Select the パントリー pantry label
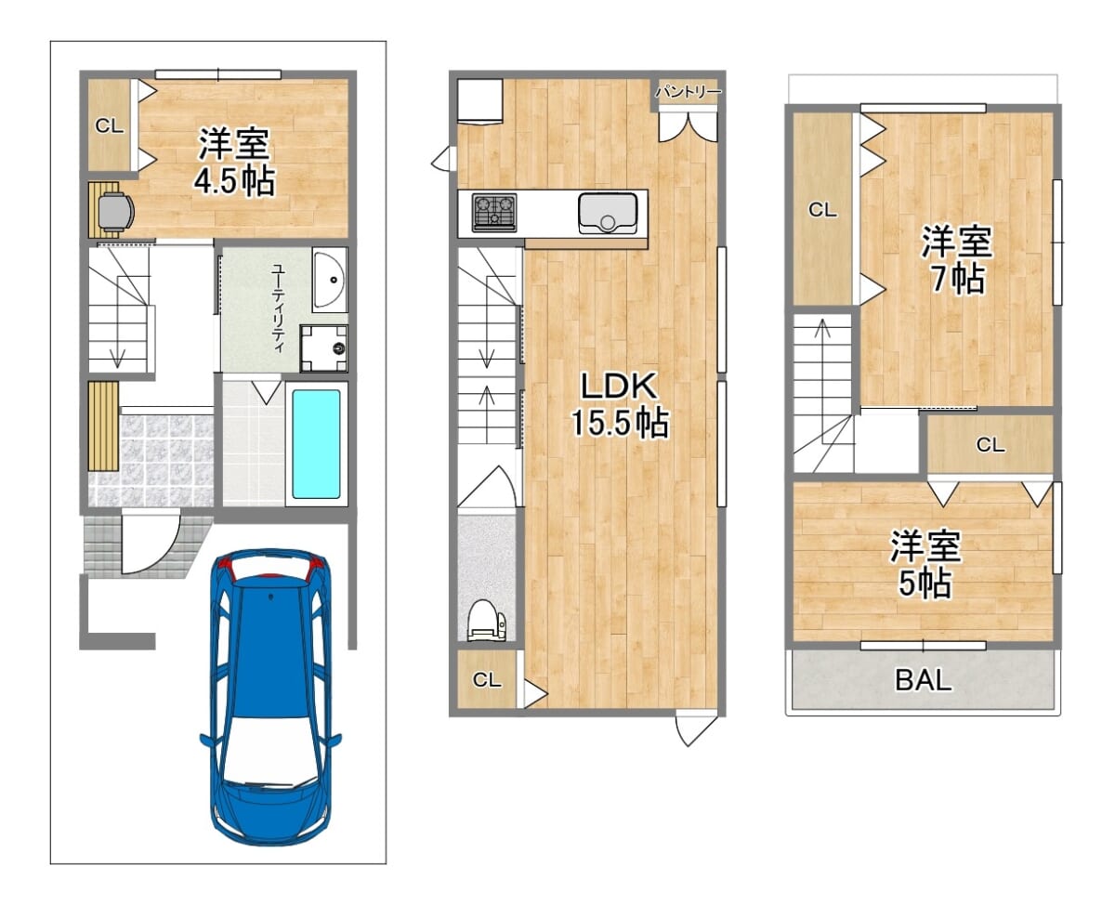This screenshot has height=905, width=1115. tap(688, 92)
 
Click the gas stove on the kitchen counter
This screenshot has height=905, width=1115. tap(494, 213)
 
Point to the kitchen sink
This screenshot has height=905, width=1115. tap(608, 214)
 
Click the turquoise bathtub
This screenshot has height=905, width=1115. tap(316, 444)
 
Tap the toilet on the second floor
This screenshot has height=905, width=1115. tap(486, 621)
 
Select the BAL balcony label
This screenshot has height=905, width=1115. tap(923, 679)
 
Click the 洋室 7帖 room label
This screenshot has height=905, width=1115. tap(956, 259)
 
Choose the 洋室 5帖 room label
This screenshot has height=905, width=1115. tap(925, 564)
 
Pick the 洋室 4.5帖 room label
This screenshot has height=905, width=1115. tap(234, 162)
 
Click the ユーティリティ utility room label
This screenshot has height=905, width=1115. tap(278, 308)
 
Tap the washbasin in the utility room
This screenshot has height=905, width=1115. tap(330, 280)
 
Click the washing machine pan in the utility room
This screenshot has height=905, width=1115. tap(323, 348)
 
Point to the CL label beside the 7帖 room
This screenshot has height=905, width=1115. tap(822, 210)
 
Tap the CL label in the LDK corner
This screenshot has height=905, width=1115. tap(487, 680)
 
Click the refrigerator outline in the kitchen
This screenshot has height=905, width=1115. tap(479, 102)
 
